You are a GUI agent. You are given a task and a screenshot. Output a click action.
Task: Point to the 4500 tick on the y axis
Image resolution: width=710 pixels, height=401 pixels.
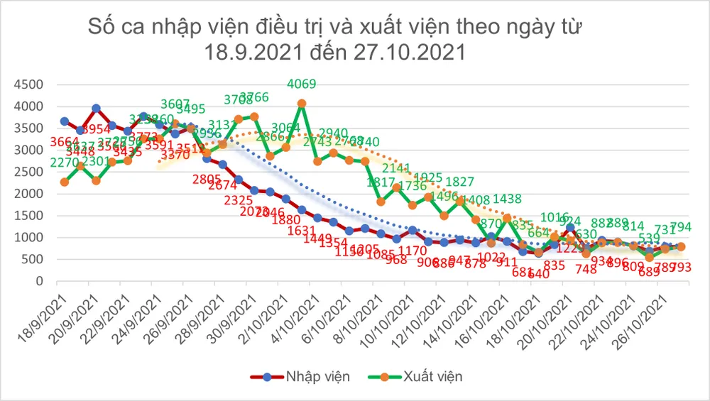(29, 85)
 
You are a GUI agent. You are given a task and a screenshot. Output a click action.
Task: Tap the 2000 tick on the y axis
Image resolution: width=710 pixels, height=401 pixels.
(29, 194)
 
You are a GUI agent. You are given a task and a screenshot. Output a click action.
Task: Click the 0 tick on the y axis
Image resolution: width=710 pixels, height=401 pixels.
(40, 281)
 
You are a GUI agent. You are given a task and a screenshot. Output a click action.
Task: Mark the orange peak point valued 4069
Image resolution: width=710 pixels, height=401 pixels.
(302, 104)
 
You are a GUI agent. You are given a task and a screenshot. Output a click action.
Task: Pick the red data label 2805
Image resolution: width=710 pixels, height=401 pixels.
(207, 179)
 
